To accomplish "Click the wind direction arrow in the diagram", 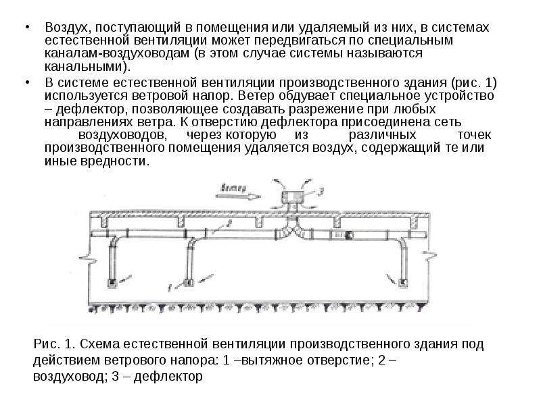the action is (x=238, y=196).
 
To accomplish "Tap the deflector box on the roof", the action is (x=293, y=196).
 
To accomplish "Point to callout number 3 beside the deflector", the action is (x=321, y=192).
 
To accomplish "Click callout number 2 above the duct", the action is (x=229, y=223).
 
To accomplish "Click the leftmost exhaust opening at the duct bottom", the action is (x=112, y=283).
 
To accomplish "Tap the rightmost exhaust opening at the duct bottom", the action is (x=402, y=283).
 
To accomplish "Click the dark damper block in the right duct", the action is (x=349, y=235).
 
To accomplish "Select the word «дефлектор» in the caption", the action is (x=168, y=376).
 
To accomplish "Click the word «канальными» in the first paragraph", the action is (x=84, y=66).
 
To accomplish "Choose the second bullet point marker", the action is (x=27, y=82).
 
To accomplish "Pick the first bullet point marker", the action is (x=27, y=26).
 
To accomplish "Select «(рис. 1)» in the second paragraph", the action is (x=474, y=82).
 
